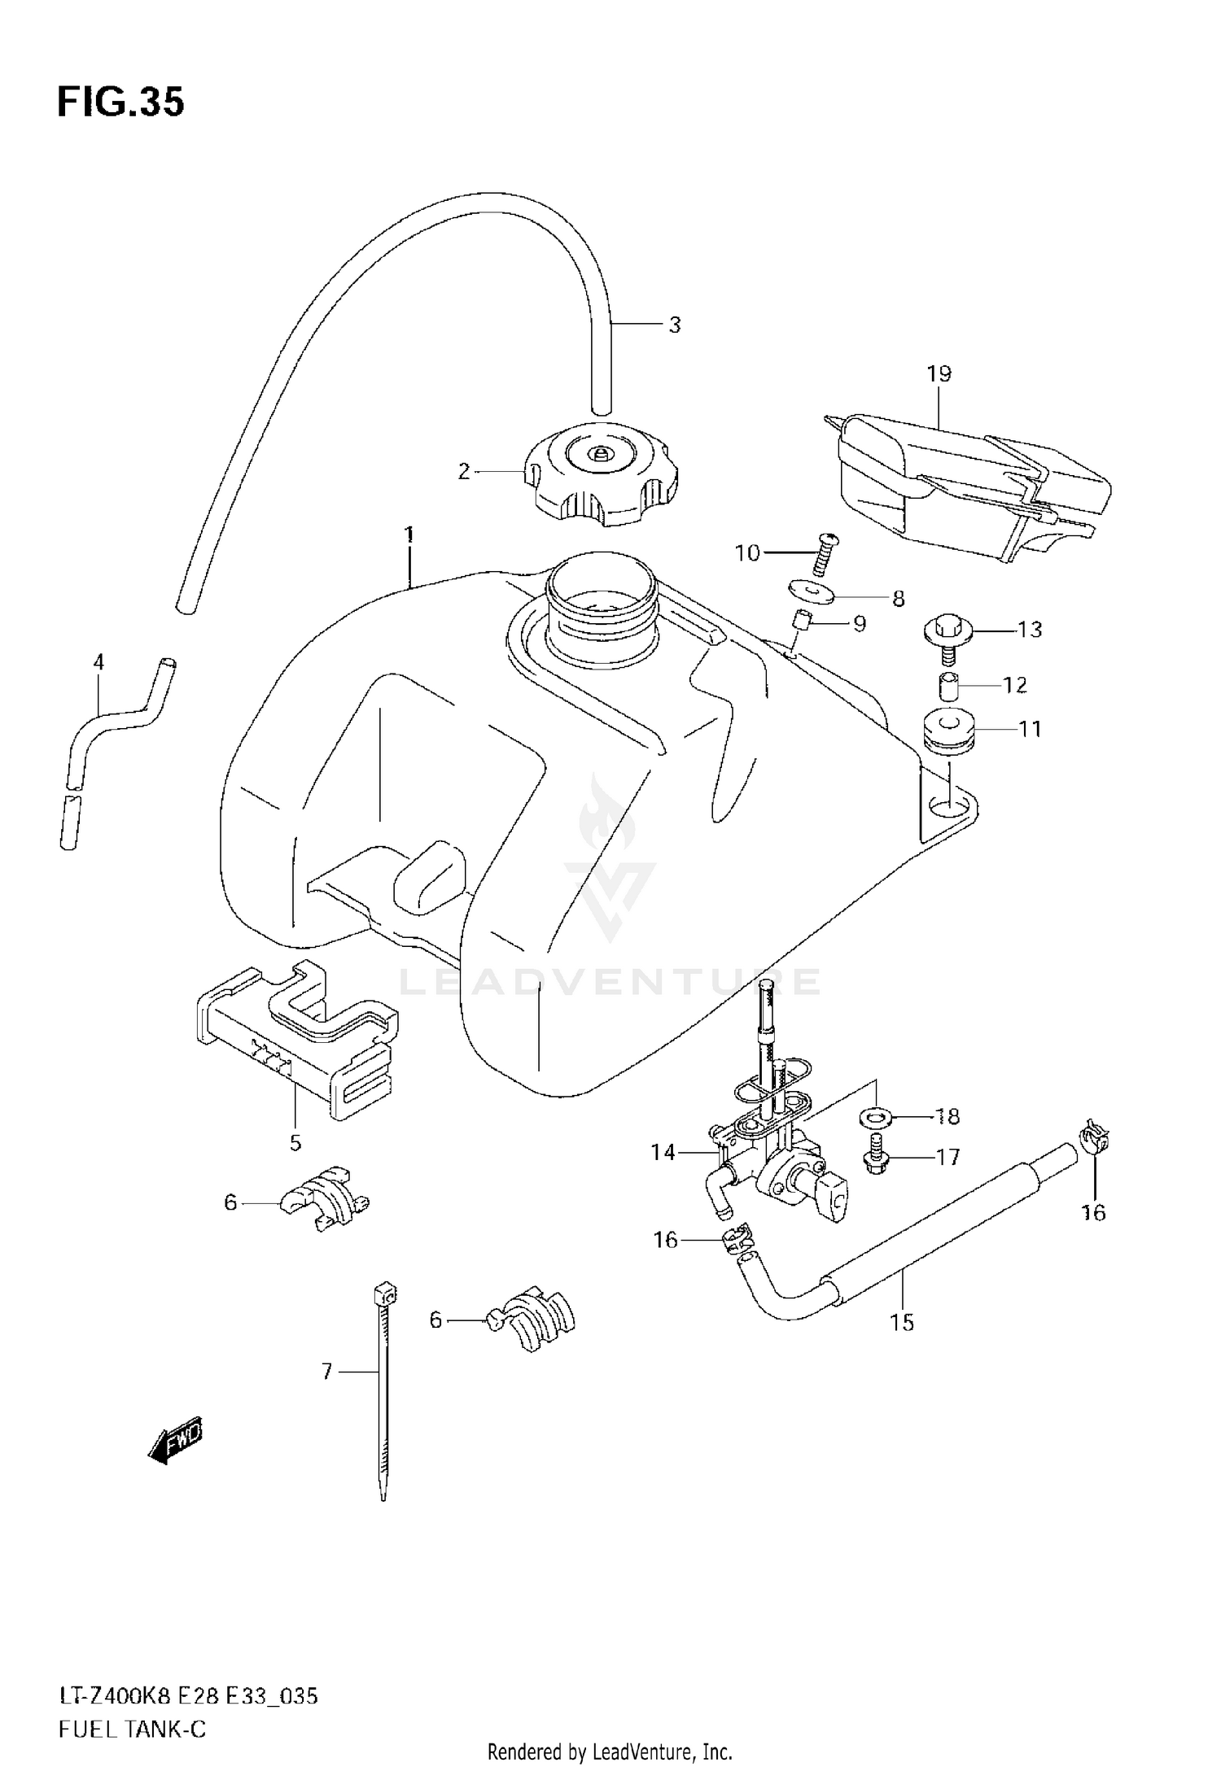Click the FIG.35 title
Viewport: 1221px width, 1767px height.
pyautogui.click(x=120, y=103)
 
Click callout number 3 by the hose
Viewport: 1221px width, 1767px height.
pyautogui.click(x=674, y=325)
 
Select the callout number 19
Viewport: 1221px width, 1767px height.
pyautogui.click(x=939, y=374)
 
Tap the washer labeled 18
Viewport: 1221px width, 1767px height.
pyautogui.click(x=875, y=1117)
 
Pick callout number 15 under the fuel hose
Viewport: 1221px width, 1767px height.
pyautogui.click(x=902, y=1324)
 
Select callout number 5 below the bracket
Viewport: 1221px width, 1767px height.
pyautogui.click(x=295, y=1143)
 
